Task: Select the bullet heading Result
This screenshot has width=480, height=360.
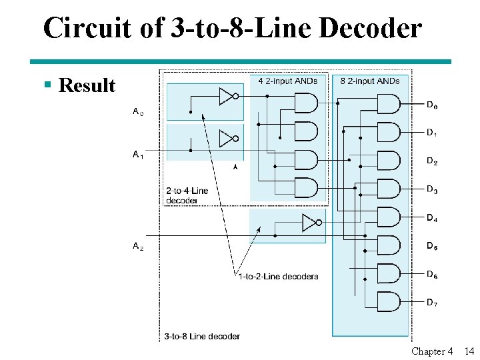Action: pyautogui.click(x=87, y=85)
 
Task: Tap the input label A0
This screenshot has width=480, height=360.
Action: pyautogui.click(x=138, y=112)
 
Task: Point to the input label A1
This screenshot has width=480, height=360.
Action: pyautogui.click(x=138, y=155)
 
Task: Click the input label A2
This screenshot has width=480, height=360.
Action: pyautogui.click(x=138, y=246)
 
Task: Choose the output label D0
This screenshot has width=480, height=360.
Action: pyautogui.click(x=433, y=105)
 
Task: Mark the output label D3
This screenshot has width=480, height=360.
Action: pyautogui.click(x=433, y=190)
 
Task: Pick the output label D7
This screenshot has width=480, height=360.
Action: pyautogui.click(x=433, y=302)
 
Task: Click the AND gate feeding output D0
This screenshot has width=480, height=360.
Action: pyautogui.click(x=389, y=103)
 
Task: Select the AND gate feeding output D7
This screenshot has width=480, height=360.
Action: pyautogui.click(x=389, y=301)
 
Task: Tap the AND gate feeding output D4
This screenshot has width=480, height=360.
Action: pyautogui.click(x=389, y=217)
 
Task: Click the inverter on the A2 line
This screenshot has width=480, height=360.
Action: pyautogui.click(x=311, y=222)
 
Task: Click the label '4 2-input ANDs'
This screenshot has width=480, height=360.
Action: pyautogui.click(x=288, y=81)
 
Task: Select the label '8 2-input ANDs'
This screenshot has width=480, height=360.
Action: pyautogui.click(x=370, y=81)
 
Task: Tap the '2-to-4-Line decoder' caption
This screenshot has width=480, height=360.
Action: pyautogui.click(x=187, y=195)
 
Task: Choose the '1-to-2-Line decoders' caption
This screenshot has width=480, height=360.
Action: pyautogui.click(x=278, y=276)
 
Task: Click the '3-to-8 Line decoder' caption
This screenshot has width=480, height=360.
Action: pyautogui.click(x=202, y=336)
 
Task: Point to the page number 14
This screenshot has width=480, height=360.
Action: pyautogui.click(x=469, y=351)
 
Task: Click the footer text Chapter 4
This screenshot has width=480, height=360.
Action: pyautogui.click(x=432, y=351)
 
